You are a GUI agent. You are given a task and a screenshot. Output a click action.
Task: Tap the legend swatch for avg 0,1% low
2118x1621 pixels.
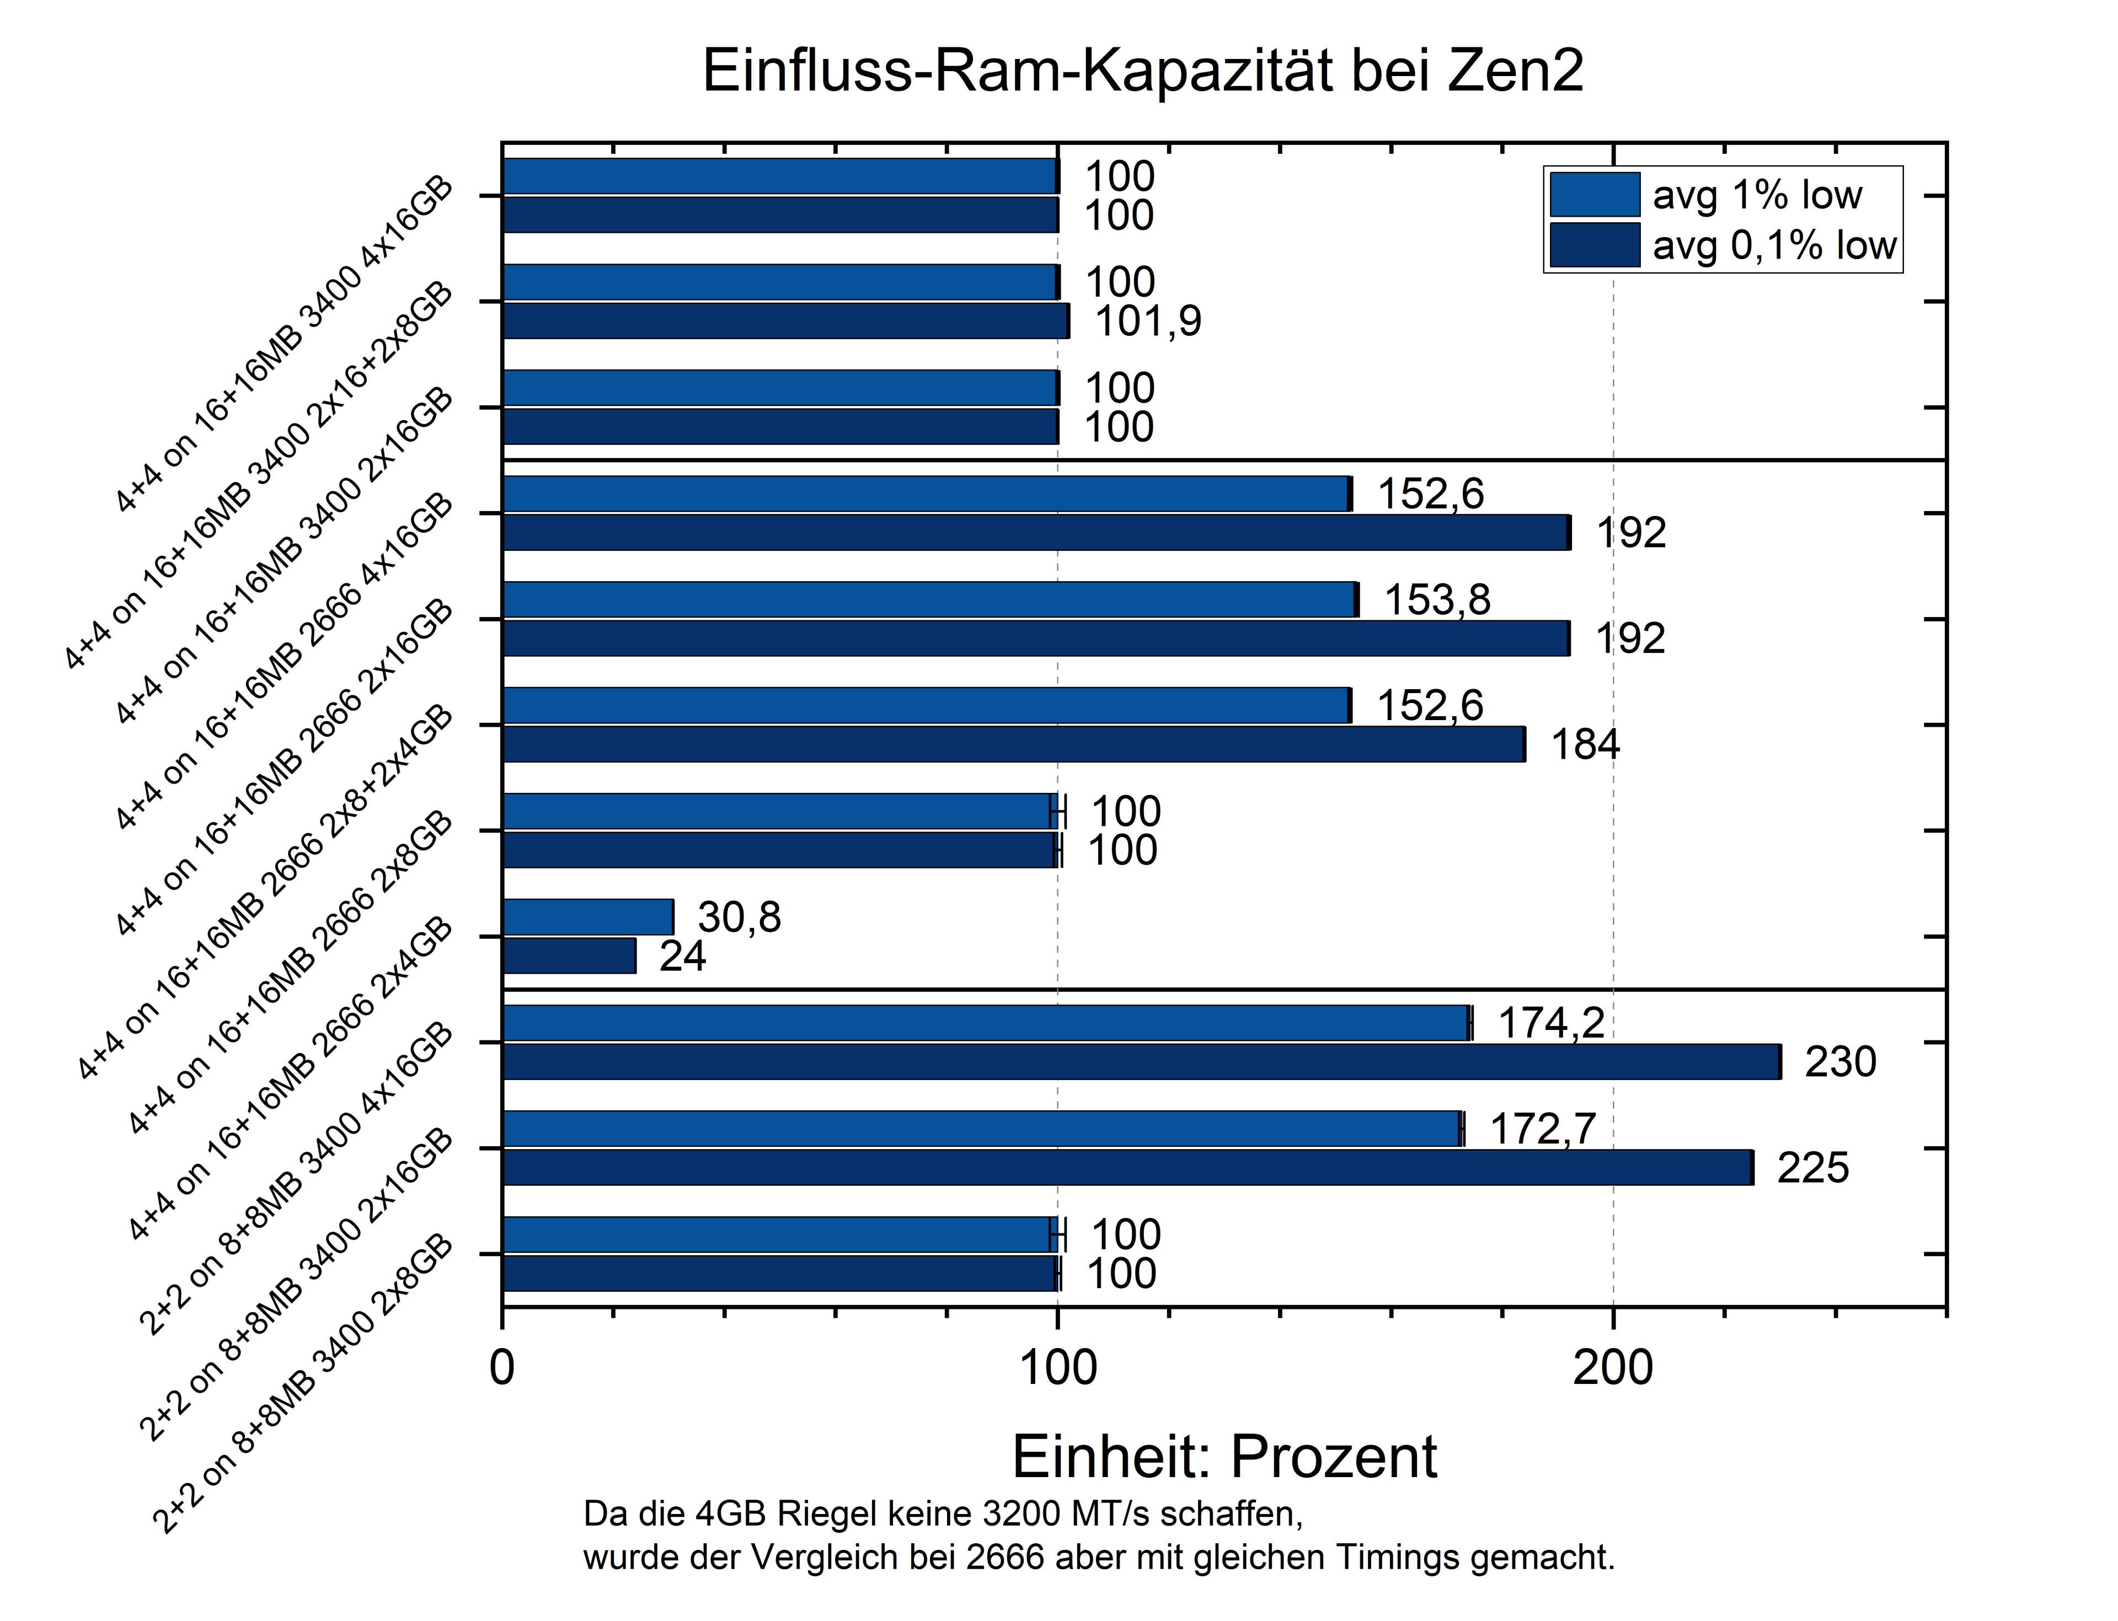click(1594, 245)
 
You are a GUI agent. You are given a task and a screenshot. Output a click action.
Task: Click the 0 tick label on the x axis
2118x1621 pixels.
click(502, 1368)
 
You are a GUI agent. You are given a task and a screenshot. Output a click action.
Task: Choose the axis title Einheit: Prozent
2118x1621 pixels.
click(1223, 1456)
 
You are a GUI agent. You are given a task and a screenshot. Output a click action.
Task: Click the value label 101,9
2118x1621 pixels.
click(1148, 321)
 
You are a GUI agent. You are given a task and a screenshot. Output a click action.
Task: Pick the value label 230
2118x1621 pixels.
click(1840, 1061)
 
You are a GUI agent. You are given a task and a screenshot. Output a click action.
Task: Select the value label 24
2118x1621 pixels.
click(682, 956)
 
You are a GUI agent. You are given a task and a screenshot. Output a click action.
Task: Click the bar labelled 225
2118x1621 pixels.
click(1127, 1168)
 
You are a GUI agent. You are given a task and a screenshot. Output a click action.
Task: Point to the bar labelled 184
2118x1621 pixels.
click(1014, 744)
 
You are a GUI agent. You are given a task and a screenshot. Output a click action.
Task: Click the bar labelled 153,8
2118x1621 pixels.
click(929, 599)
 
